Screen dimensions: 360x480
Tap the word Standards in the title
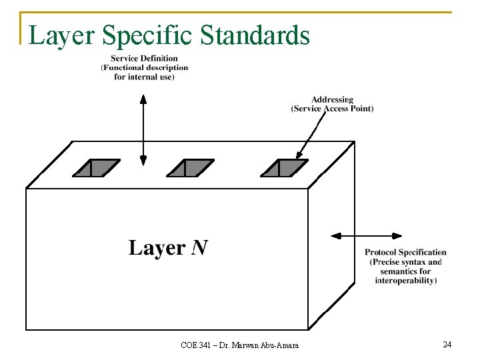coord(255,35)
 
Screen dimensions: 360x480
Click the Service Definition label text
coord(145,59)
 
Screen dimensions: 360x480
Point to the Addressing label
coord(332,100)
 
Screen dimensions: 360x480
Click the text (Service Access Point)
coord(332,109)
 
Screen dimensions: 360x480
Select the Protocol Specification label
coord(405,252)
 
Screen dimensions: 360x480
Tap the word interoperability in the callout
coord(405,281)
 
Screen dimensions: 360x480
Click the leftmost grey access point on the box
coord(97,167)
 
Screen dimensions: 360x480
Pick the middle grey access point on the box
coord(191,167)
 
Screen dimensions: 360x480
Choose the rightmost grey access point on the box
coord(285,167)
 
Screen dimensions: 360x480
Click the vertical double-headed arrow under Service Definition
coord(143,130)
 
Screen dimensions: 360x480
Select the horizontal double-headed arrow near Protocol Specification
coord(367,235)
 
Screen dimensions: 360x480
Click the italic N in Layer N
coord(199,248)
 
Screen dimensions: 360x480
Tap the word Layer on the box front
coord(157,248)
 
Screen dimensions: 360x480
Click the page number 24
coord(447,344)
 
